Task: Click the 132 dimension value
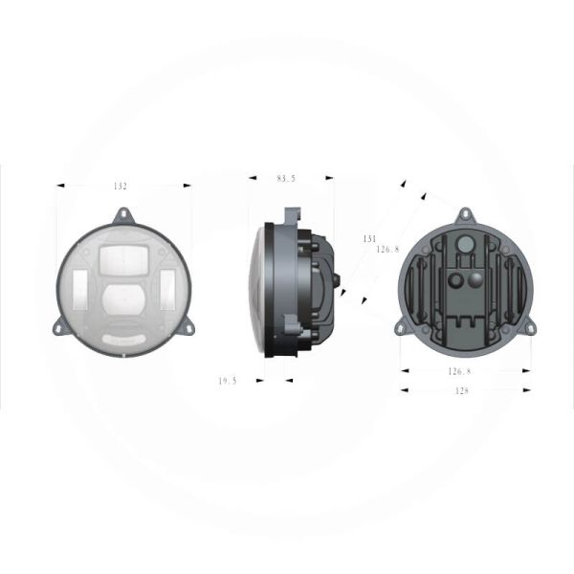[x=120, y=187]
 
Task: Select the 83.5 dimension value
[x=286, y=178]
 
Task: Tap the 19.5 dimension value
[x=228, y=380]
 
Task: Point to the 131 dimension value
[x=368, y=238]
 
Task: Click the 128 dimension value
[x=461, y=390]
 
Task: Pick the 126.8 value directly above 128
[x=459, y=370]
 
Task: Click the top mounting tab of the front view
[x=124, y=216]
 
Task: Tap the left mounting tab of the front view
[x=58, y=326]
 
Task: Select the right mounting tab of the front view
[x=189, y=326]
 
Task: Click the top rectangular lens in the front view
[x=122, y=256]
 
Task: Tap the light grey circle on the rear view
[x=464, y=245]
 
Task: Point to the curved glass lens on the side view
[x=257, y=287]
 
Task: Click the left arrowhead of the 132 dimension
[x=60, y=187]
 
